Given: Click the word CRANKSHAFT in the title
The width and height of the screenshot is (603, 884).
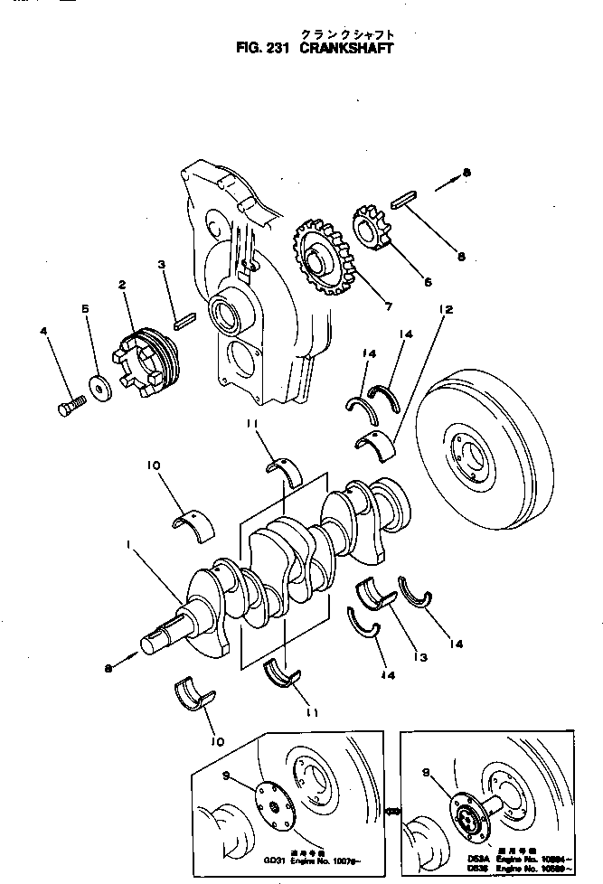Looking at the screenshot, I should pyautogui.click(x=348, y=49).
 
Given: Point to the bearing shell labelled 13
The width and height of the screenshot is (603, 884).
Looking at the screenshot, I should pyautogui.click(x=378, y=593).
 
